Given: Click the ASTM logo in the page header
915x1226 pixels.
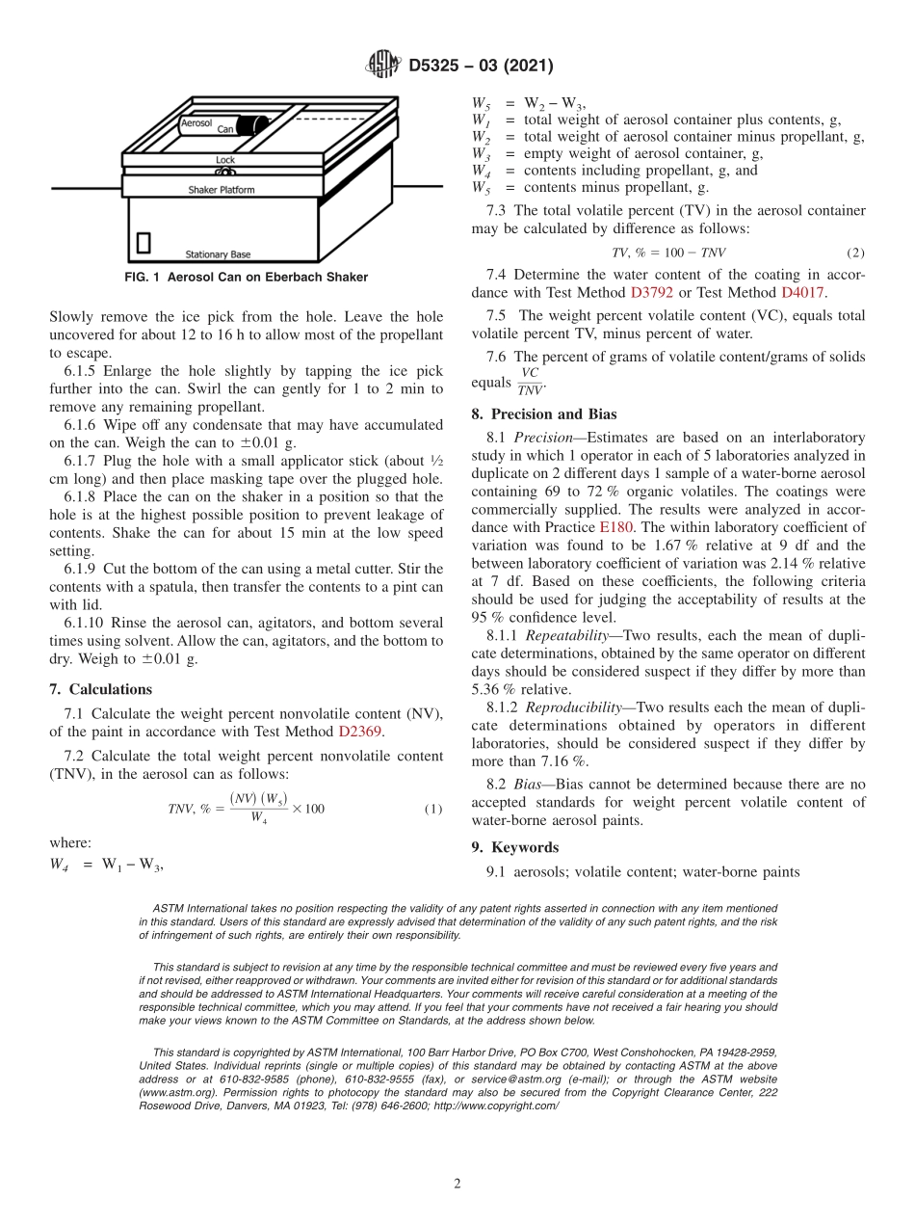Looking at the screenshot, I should pyautogui.click(x=382, y=66).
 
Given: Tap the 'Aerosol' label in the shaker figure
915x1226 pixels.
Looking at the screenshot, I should pyautogui.click(x=196, y=123).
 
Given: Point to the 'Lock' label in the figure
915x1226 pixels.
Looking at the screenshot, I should pyautogui.click(x=224, y=160).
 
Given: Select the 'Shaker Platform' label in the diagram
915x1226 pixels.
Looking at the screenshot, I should pyautogui.click(x=222, y=190).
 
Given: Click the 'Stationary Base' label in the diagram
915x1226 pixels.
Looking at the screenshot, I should pyautogui.click(x=218, y=254).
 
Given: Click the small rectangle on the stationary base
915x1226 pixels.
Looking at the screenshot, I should pyautogui.click(x=144, y=242).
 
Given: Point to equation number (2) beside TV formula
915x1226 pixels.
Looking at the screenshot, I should pyautogui.click(x=855, y=253).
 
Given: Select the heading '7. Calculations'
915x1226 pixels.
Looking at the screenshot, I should pyautogui.click(x=100, y=689).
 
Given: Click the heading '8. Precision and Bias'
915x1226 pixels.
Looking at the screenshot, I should pyautogui.click(x=543, y=414).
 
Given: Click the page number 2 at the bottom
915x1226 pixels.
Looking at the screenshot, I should pyautogui.click(x=457, y=1185).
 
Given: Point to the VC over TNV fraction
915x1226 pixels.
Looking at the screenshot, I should pyautogui.click(x=530, y=382).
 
